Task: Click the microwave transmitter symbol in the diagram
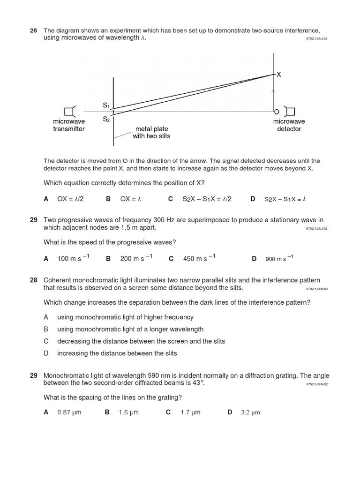click(70, 111)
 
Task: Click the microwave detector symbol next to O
click(290, 111)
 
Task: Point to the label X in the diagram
click(278, 75)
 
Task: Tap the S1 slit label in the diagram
click(106, 106)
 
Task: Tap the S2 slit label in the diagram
click(106, 119)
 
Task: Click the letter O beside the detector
click(276, 112)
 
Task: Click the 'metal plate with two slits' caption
click(151, 132)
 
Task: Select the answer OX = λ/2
click(70, 199)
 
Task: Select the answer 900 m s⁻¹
click(280, 258)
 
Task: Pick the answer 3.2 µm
click(250, 412)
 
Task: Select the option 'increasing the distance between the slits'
click(117, 353)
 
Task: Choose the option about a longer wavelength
click(130, 329)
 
